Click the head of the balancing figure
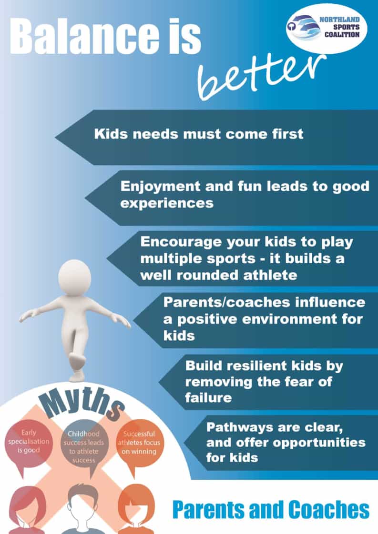(75, 277)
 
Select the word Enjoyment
(160, 187)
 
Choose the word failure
(208, 397)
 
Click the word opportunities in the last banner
(319, 443)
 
